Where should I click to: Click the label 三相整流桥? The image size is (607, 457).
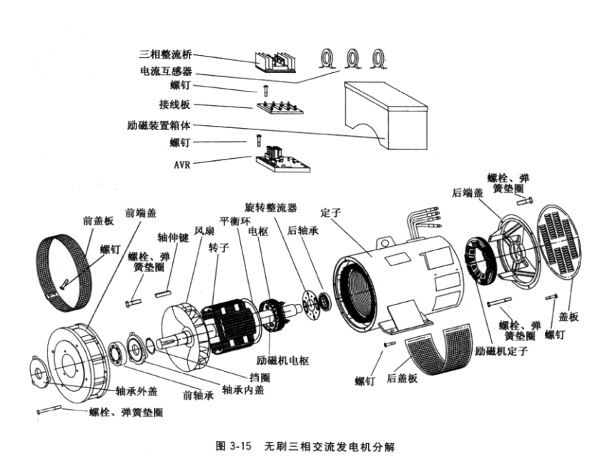(x=165, y=54)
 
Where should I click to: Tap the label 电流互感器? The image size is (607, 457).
(x=165, y=71)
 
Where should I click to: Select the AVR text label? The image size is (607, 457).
(x=182, y=163)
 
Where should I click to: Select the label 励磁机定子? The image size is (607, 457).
(x=501, y=352)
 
